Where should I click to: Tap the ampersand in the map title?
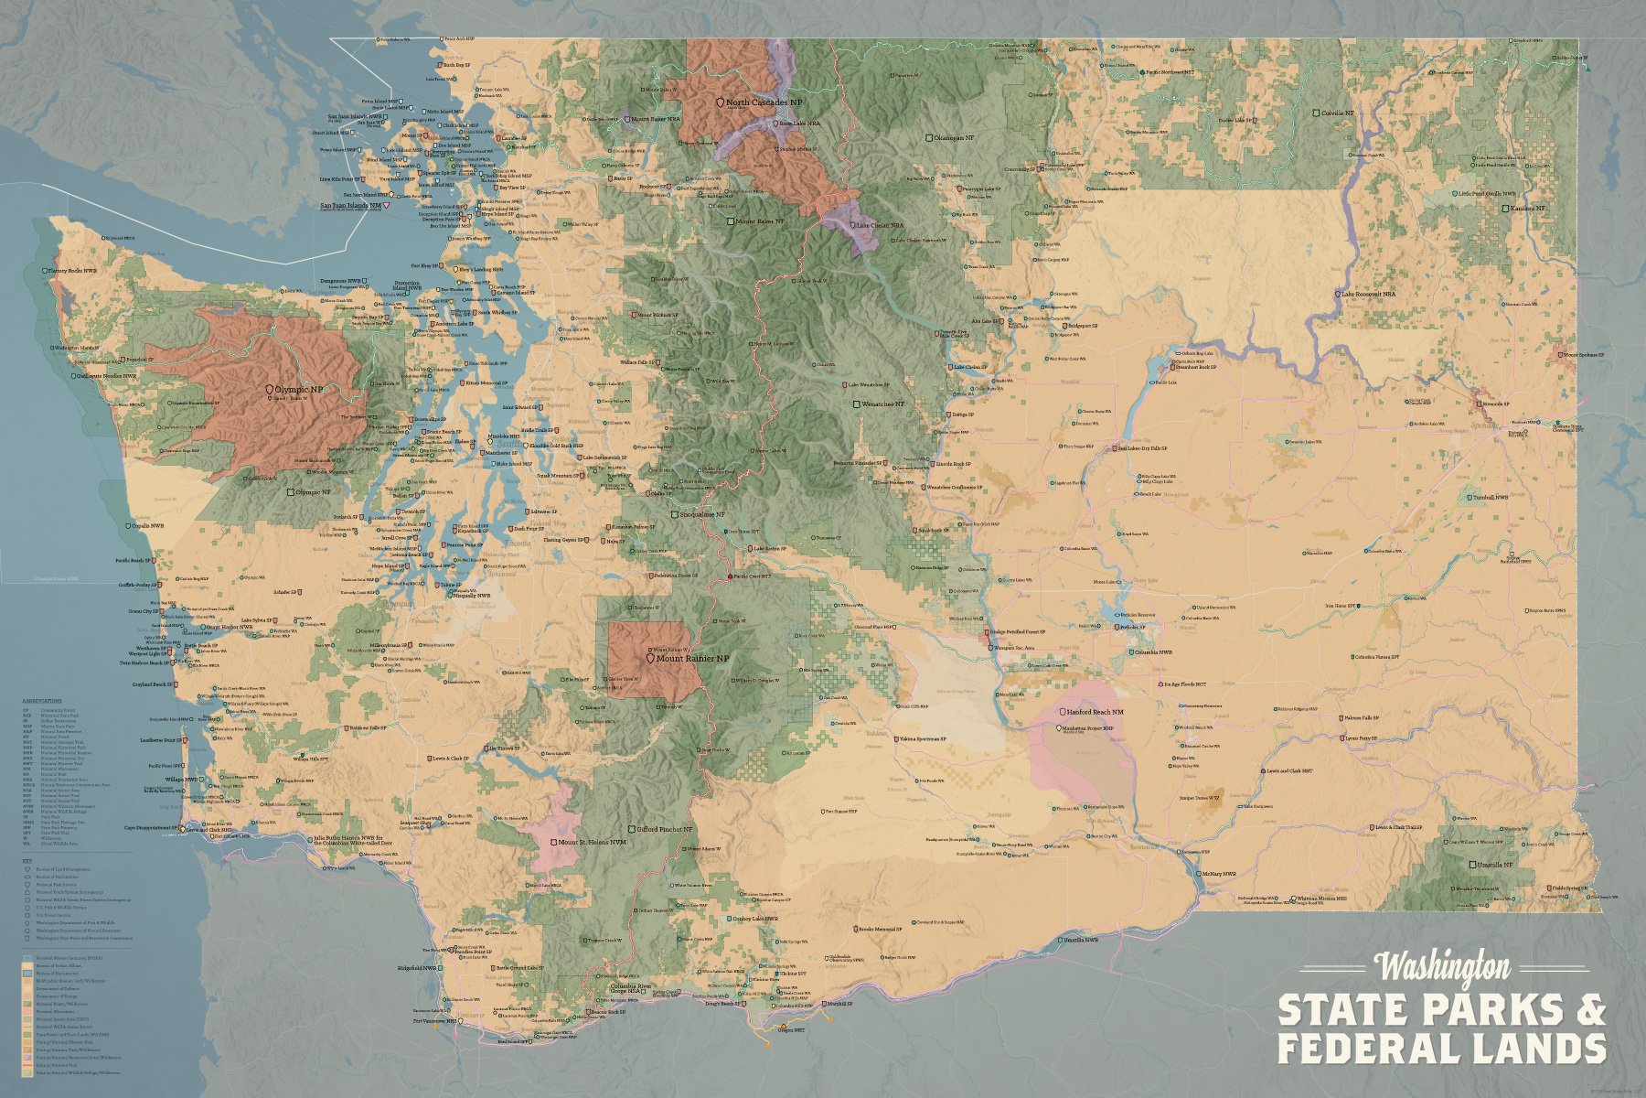click(x=1591, y=1009)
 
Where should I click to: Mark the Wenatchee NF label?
click(x=882, y=404)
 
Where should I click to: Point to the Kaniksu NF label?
click(x=1526, y=209)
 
